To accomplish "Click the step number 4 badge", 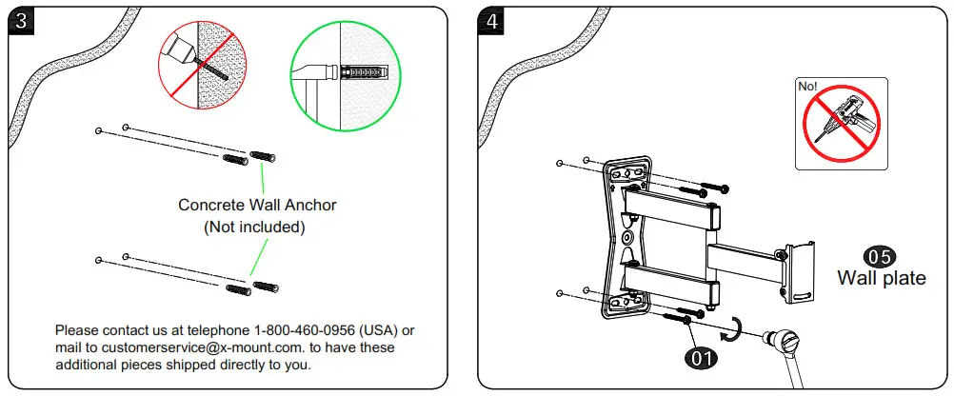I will [x=492, y=21].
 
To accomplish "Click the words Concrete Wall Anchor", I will [x=257, y=205].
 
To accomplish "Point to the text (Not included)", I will [x=255, y=227].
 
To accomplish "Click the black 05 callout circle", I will [x=880, y=256].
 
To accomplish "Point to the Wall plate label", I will [x=881, y=278].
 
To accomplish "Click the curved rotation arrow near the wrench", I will [x=731, y=327].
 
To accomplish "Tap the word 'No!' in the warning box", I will [x=808, y=86].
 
